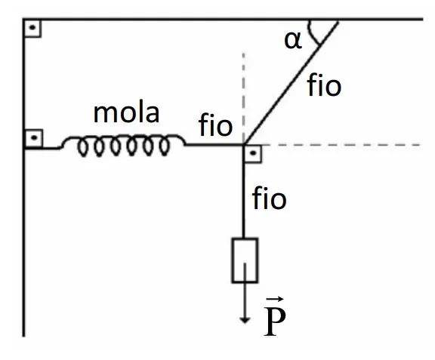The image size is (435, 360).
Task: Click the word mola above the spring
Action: (x=127, y=113)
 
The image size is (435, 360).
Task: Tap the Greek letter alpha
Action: (x=293, y=41)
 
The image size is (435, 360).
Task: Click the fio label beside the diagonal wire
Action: (x=324, y=85)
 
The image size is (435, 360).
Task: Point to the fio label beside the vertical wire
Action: (x=269, y=198)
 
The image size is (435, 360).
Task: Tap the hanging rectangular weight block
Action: (x=245, y=260)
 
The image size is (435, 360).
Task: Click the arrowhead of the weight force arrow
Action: (x=245, y=320)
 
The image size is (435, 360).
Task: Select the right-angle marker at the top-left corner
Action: (x=32, y=28)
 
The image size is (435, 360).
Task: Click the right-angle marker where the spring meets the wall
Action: (x=34, y=138)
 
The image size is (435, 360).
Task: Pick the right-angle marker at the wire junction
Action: (x=252, y=154)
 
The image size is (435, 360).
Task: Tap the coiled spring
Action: (x=122, y=145)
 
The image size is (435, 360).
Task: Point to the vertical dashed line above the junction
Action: (x=243, y=97)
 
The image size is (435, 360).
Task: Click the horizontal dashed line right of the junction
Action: (x=340, y=145)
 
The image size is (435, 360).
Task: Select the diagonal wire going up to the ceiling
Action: (x=291, y=83)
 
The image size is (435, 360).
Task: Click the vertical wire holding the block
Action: (x=244, y=192)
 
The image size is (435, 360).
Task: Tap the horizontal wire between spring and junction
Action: (x=214, y=145)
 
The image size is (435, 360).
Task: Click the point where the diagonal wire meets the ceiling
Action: (x=338, y=20)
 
